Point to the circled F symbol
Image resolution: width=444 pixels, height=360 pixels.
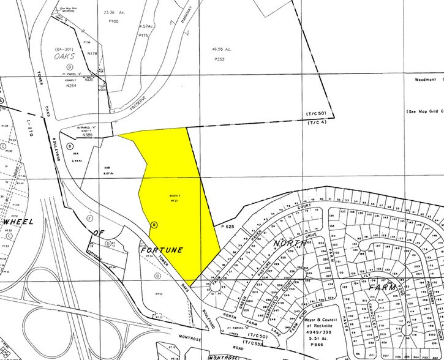90,218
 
